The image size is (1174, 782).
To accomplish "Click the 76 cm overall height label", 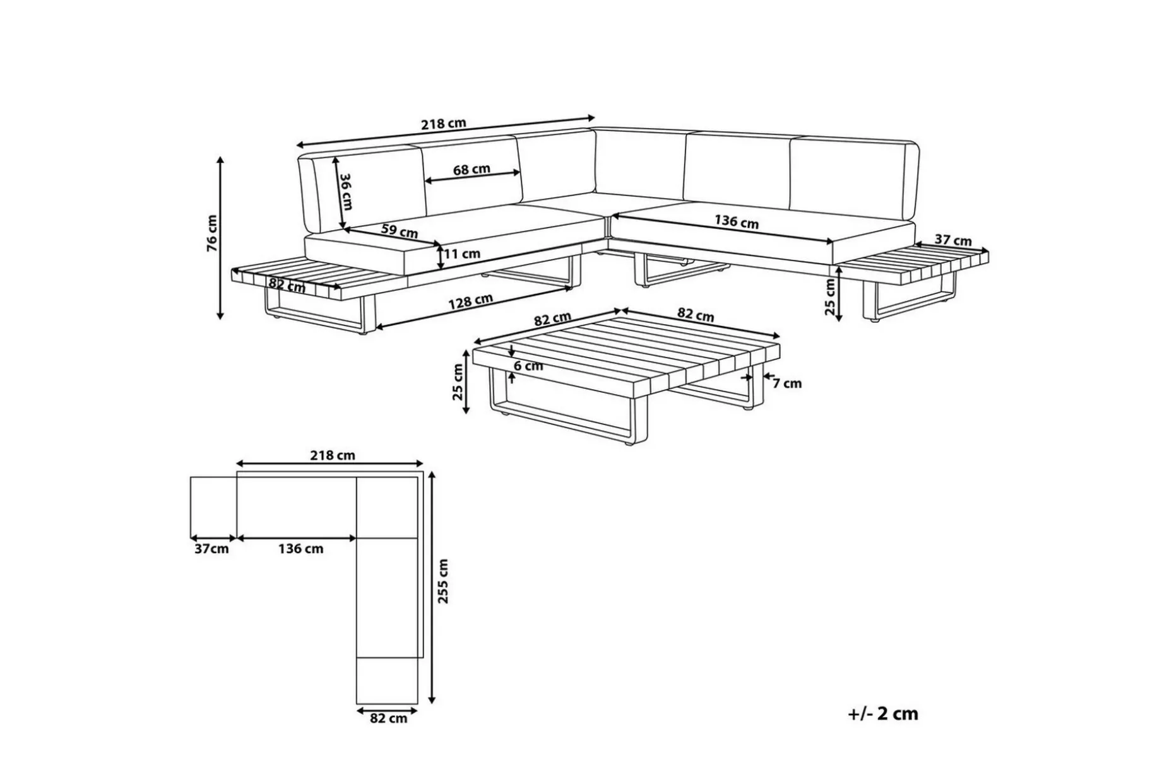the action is point(212,233).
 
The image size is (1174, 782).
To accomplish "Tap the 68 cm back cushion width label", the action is point(471,169).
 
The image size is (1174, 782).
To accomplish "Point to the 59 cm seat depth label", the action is point(400,231).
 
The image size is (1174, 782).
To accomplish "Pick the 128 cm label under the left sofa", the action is point(471,302).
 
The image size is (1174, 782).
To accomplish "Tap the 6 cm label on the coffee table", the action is point(528,366).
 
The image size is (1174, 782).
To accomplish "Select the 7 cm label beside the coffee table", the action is point(787,383).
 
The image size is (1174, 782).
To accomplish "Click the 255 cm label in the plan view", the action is point(443,581).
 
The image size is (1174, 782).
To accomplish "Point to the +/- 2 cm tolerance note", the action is point(883,713).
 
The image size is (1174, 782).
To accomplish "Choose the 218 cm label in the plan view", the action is point(333,455).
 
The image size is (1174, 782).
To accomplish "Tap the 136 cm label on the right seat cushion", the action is point(737,222).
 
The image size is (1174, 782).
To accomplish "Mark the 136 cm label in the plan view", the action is point(301,549).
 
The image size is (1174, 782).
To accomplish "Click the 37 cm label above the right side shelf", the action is point(953,240).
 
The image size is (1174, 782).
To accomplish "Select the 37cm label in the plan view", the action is point(211,549).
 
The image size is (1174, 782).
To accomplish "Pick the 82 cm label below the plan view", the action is point(389,718).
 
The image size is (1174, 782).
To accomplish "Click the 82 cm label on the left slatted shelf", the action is point(287,286).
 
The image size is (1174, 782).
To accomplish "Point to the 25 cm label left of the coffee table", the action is point(458,383).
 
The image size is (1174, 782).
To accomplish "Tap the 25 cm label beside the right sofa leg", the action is point(830,297).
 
